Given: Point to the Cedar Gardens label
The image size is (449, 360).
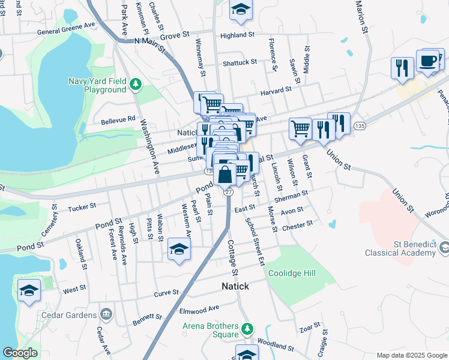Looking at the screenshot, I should pyautogui.click(x=70, y=314).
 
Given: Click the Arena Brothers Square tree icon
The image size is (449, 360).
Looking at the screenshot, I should pyautogui.click(x=247, y=329).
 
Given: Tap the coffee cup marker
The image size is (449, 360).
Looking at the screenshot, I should pyautogui.click(x=427, y=61).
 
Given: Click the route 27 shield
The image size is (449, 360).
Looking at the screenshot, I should pyautogui.click(x=228, y=191).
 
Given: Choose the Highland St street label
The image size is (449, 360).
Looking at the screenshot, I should pyautogui.click(x=238, y=35).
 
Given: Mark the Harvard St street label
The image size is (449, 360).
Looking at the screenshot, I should pyautogui.click(x=276, y=89).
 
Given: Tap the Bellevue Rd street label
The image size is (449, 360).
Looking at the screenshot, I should pyautogui.click(x=118, y=119).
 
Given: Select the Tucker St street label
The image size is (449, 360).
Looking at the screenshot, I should pyautogui.click(x=82, y=206).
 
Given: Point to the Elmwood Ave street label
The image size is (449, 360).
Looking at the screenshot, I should pyautogui.click(x=199, y=310).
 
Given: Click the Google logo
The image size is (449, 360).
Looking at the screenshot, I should pyautogui.click(x=20, y=353).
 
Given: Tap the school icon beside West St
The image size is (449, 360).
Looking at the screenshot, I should pyautogui.click(x=29, y=290).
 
